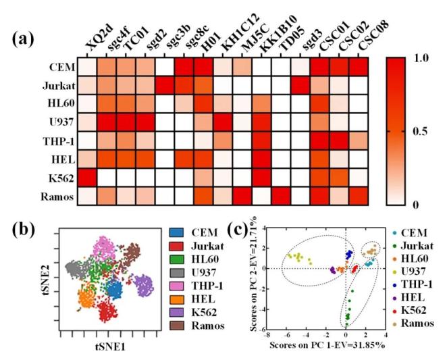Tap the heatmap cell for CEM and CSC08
pyautogui.click(x=361, y=69)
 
